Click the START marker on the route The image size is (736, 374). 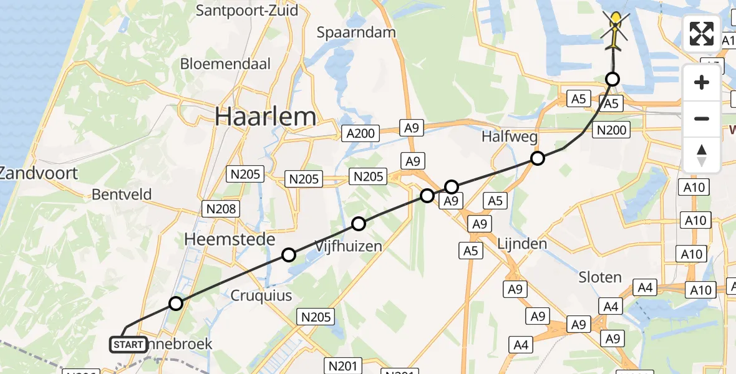pos(128,344)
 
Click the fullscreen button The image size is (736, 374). pos(702,34)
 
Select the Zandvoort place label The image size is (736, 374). pos(39,173)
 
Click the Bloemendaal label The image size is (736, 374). pos(225,64)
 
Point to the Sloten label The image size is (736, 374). pos(600,277)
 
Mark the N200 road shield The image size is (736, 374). pos(611,130)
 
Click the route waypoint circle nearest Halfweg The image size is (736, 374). pos(537,158)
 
